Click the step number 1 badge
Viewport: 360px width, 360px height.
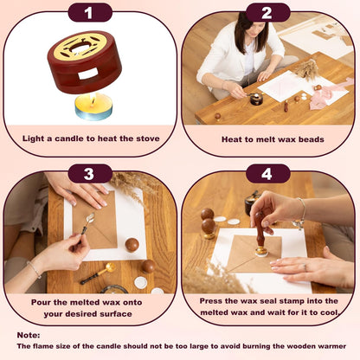coord(90,13)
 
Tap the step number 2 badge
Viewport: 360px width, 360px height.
coord(267,13)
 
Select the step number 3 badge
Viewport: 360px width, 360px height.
coord(90,174)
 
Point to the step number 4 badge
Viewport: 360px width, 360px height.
coord(267,174)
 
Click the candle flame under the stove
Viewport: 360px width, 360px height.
coord(93,101)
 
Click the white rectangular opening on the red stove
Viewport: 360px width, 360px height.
coord(88,74)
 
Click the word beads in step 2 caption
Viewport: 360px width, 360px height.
coord(312,139)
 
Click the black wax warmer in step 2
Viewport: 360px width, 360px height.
coord(256,99)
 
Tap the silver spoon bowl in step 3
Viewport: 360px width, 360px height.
coord(90,217)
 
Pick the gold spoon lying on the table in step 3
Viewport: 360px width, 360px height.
coord(98,273)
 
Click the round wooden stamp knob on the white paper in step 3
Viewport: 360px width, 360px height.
coord(132,245)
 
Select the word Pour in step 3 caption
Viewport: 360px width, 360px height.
coord(41,302)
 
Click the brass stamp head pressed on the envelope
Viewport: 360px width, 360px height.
coord(261,252)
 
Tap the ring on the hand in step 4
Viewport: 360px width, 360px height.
coord(305,267)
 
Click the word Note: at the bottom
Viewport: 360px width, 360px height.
coord(29,335)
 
